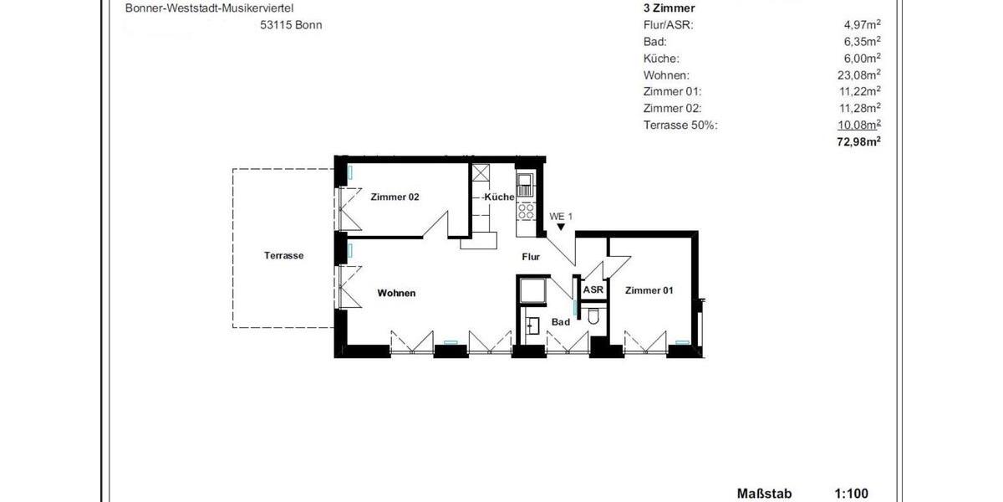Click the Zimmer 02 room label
pyautogui.click(x=394, y=197)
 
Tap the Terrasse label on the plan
pyautogui.click(x=283, y=256)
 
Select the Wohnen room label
pyautogui.click(x=396, y=294)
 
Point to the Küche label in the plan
pyautogui.click(x=498, y=197)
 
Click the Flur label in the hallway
pyautogui.click(x=532, y=258)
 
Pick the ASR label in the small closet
pyautogui.click(x=593, y=290)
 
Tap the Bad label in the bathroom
pyautogui.click(x=561, y=322)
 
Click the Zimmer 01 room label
pyautogui.click(x=649, y=290)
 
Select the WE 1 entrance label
pyautogui.click(x=561, y=217)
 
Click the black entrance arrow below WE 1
pyautogui.click(x=562, y=227)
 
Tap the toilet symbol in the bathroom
pyautogui.click(x=593, y=316)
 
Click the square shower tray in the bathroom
pyautogui.click(x=532, y=292)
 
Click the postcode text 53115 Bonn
pyautogui.click(x=291, y=25)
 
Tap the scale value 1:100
pyautogui.click(x=851, y=494)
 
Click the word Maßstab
pyautogui.click(x=763, y=494)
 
